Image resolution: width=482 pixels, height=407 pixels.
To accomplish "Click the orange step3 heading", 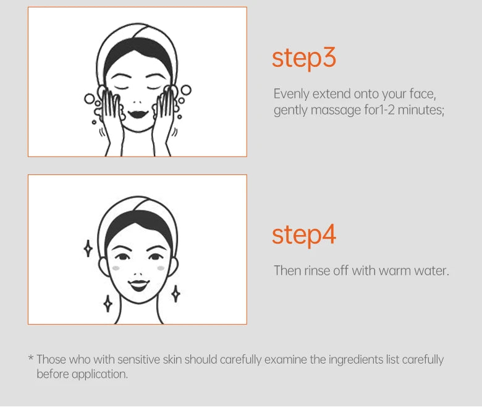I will [303, 58].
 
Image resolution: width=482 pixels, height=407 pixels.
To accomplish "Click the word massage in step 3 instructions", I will [331, 111].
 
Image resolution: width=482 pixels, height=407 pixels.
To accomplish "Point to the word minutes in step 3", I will [422, 111].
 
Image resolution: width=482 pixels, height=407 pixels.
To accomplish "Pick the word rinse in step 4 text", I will [317, 270].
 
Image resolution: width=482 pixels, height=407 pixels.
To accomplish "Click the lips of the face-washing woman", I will [137, 114].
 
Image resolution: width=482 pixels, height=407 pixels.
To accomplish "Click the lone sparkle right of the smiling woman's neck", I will [175, 293].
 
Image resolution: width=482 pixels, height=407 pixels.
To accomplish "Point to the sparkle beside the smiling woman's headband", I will [88, 248].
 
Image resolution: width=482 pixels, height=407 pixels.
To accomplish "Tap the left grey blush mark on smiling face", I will [117, 268].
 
